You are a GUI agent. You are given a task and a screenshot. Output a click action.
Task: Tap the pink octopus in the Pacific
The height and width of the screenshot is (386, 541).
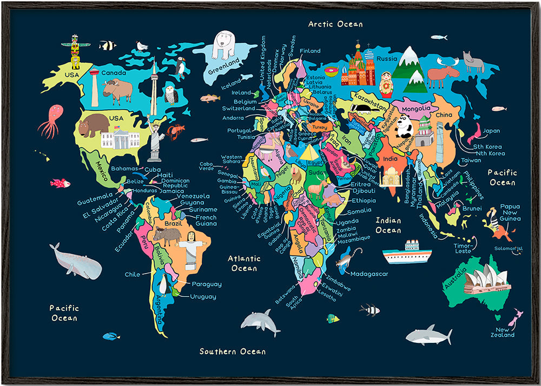coord(51,121)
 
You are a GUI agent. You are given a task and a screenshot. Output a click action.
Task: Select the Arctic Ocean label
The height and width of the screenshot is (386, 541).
coord(335,24)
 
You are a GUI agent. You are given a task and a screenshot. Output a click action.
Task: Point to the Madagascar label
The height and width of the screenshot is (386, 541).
coord(369,274)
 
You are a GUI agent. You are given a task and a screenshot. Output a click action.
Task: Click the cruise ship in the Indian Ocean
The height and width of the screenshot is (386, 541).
coord(406,252)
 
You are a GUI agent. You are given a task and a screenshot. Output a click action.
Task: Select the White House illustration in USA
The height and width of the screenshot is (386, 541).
coord(120,138)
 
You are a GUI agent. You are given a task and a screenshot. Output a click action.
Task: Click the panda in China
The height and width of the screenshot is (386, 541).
coord(404,127)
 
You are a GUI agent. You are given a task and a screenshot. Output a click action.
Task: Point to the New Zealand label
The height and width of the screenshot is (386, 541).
coord(503,332)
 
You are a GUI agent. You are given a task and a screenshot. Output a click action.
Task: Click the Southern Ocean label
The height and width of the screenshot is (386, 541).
coord(233,351)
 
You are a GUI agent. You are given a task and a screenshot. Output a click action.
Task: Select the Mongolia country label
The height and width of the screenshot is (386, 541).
coord(416,109)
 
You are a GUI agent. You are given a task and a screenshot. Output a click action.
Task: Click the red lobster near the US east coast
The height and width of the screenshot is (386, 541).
coord(175,130)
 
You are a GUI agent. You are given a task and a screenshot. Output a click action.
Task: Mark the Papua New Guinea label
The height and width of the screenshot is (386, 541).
coord(510,212)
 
